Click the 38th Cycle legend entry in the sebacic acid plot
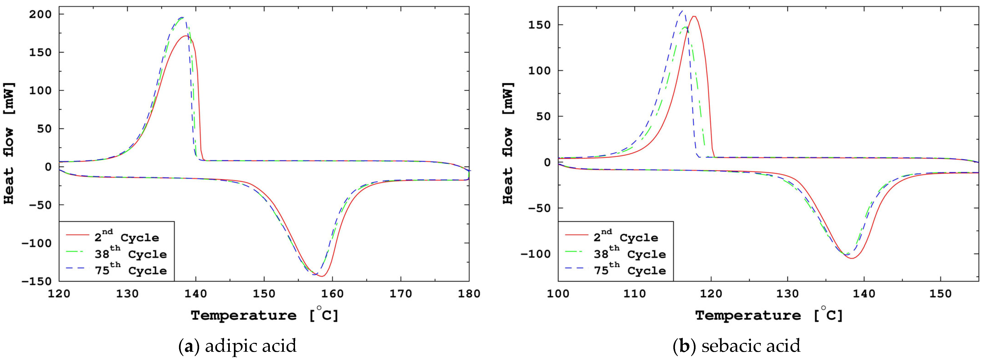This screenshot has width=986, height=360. point(629,254)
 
